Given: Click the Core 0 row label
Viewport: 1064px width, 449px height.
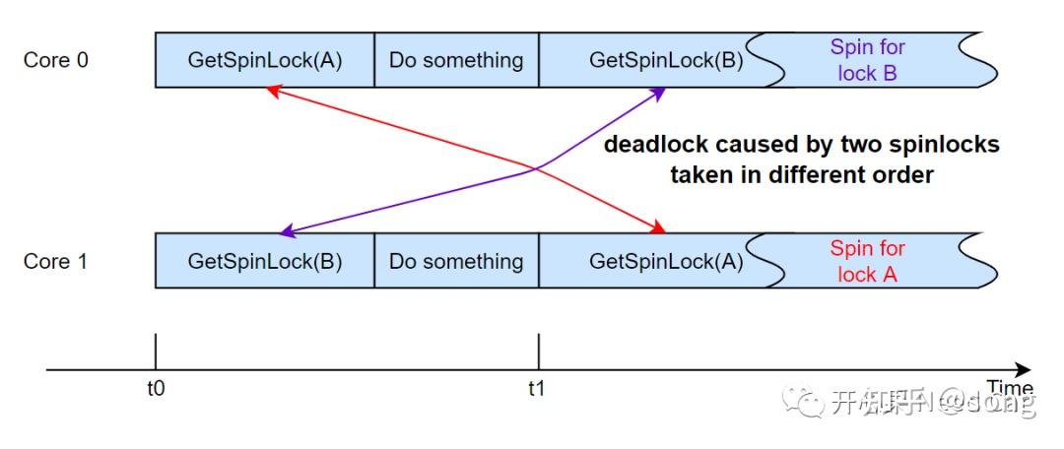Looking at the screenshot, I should (x=55, y=60).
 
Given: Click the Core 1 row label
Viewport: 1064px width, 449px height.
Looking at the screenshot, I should (x=55, y=261).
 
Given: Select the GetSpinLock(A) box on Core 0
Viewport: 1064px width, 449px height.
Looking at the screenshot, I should (x=265, y=60).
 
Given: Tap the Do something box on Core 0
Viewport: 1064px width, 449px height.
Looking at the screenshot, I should (x=456, y=60).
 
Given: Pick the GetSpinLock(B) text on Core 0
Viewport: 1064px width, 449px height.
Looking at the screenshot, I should (x=666, y=60).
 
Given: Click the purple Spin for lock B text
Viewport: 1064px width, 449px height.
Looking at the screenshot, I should (x=867, y=60).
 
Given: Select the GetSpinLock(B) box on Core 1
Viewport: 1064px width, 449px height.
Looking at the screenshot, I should (x=265, y=261).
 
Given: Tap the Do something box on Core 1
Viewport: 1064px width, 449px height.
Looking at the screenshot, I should (x=456, y=261).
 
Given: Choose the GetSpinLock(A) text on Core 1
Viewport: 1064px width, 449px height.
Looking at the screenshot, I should (x=666, y=261).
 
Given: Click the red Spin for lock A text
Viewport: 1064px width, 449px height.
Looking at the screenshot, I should (x=867, y=261).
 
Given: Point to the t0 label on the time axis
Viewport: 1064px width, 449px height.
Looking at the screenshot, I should (x=156, y=388).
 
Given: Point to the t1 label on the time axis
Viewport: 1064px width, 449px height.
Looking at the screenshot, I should (x=536, y=388).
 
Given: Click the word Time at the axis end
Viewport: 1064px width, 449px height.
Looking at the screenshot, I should (x=1010, y=387).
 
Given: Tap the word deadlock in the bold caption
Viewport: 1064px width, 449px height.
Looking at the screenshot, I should (x=657, y=145).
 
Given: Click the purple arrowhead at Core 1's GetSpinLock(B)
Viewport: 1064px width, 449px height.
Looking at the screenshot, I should (x=286, y=231).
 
